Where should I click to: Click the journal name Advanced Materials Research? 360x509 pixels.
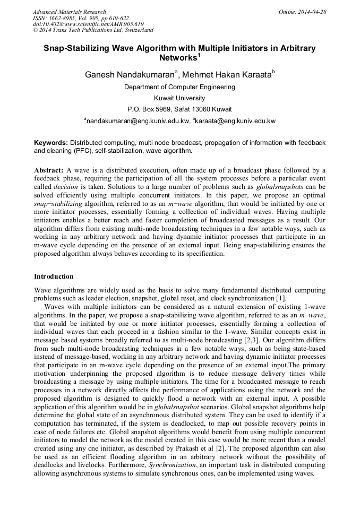point(70,12)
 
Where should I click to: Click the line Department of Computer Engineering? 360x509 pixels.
point(179,87)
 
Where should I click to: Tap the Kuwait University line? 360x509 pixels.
point(179,98)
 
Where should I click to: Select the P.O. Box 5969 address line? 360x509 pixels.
point(179,109)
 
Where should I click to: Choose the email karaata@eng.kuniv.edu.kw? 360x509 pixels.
point(235,122)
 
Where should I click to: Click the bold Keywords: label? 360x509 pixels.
point(51,143)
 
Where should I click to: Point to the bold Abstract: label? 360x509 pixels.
point(49,170)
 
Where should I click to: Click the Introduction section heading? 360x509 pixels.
point(54,277)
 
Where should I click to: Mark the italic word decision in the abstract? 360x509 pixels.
point(65,187)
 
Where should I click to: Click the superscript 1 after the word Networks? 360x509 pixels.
point(199,55)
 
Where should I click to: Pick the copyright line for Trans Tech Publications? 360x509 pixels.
point(93,30)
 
